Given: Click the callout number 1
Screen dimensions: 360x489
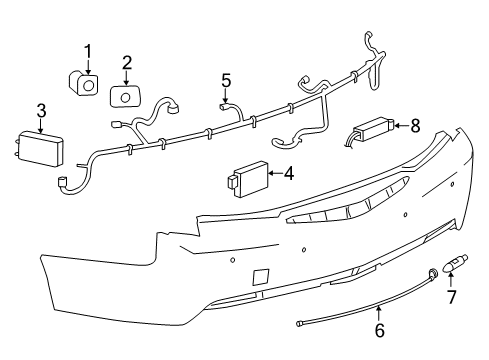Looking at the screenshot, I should [87, 51].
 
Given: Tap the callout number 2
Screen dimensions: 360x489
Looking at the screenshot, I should [127, 63].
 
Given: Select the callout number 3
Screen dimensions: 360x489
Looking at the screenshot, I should [41, 109].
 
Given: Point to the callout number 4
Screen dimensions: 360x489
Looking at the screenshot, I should [288, 173].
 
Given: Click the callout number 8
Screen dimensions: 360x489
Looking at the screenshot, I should [416, 125].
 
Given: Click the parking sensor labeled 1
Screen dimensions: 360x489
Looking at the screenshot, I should [84, 84].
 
